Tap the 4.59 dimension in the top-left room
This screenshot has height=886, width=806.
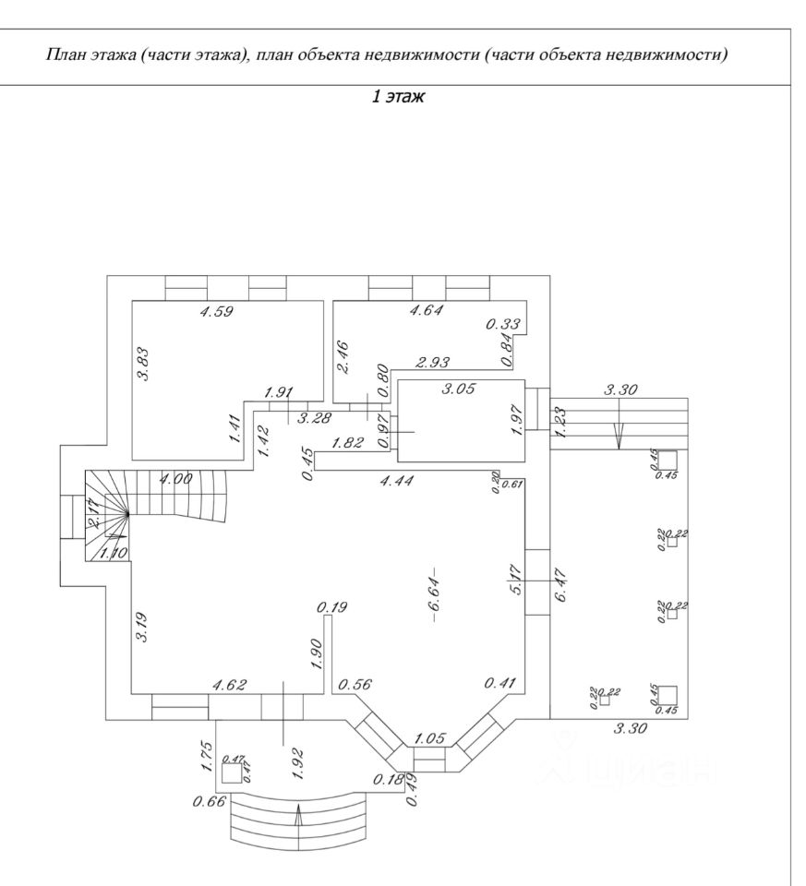click(x=217, y=311)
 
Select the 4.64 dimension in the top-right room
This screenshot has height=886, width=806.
click(x=426, y=311)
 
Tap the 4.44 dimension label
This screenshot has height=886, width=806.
click(x=398, y=480)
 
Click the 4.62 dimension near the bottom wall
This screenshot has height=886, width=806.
click(x=229, y=685)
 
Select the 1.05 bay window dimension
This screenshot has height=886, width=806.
click(x=431, y=738)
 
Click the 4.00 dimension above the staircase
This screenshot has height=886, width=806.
click(x=175, y=479)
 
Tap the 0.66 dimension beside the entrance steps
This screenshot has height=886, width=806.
click(x=209, y=801)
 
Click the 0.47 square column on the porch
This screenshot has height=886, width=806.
click(x=233, y=772)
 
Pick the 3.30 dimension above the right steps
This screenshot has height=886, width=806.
click(x=620, y=391)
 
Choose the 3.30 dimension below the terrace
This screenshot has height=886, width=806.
click(x=631, y=729)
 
